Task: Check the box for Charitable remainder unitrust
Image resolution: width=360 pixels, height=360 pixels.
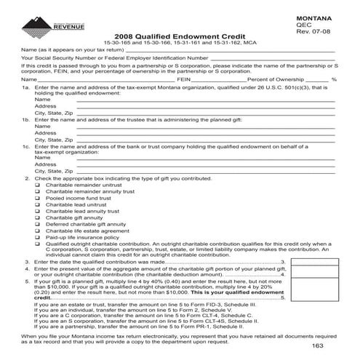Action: coord(38,184)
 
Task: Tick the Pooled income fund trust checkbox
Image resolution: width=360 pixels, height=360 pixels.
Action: coord(38,198)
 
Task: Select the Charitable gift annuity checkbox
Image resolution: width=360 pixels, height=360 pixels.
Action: coord(38,217)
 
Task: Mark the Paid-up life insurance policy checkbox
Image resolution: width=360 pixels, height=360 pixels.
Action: coord(38,237)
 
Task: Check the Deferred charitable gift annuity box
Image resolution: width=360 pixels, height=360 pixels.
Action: coord(38,224)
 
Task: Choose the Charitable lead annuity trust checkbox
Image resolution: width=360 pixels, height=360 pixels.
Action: coord(38,211)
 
